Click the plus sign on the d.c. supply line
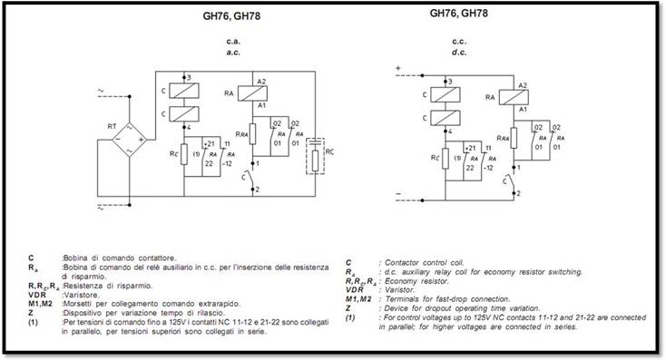[x=397, y=69]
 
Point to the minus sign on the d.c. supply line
[x=397, y=195]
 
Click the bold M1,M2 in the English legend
[x=359, y=298]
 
